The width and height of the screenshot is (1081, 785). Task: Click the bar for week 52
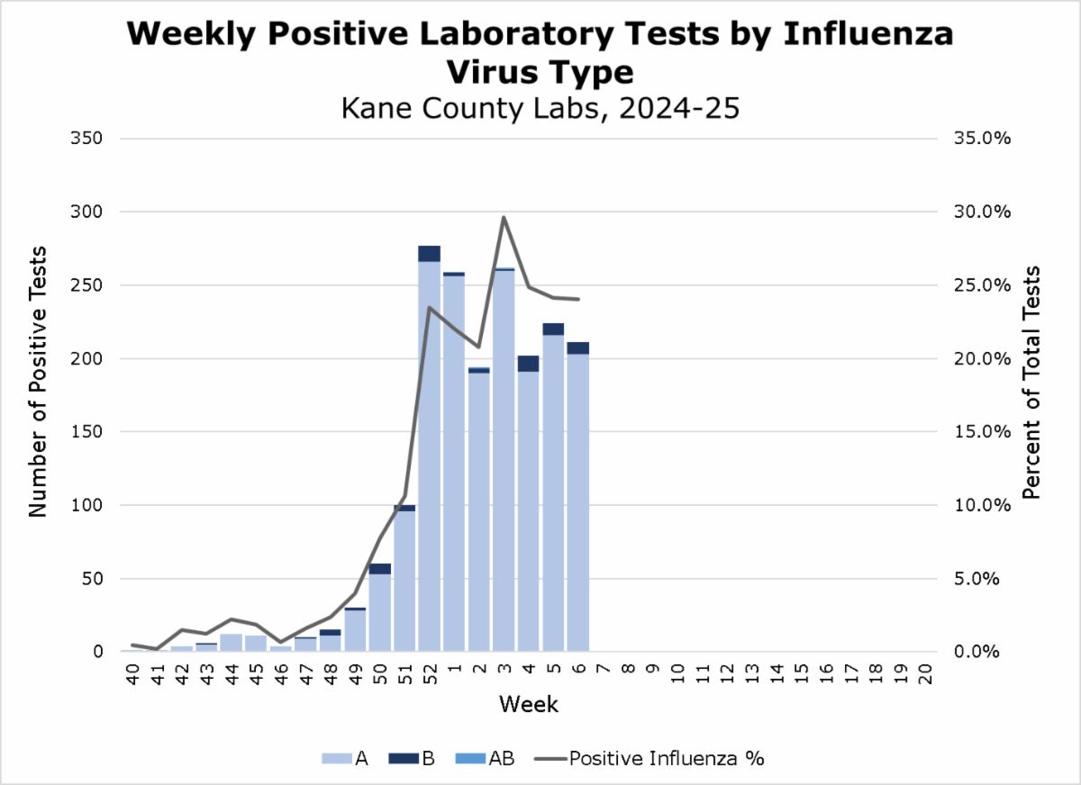point(429,450)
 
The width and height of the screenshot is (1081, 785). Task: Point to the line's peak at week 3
point(504,217)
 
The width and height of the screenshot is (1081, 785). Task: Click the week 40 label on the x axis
point(132,673)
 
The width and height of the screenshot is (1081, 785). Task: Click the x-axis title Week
point(529,704)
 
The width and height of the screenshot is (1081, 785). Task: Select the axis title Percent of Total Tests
point(1033,383)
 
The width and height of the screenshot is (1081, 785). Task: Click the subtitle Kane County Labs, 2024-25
point(540,108)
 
